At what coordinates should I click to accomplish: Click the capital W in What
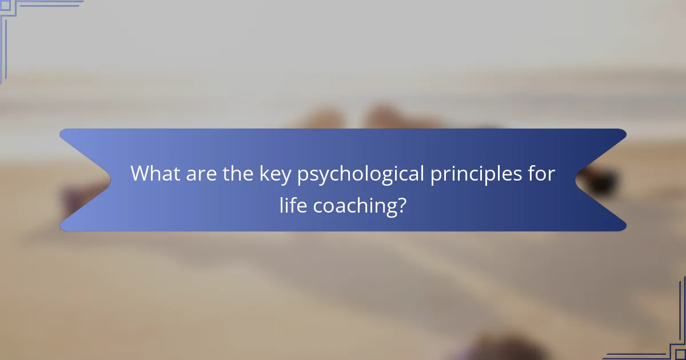tap(140, 174)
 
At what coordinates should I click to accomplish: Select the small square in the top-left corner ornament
tap(5, 5)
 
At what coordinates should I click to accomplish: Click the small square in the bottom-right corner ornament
tap(680, 354)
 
